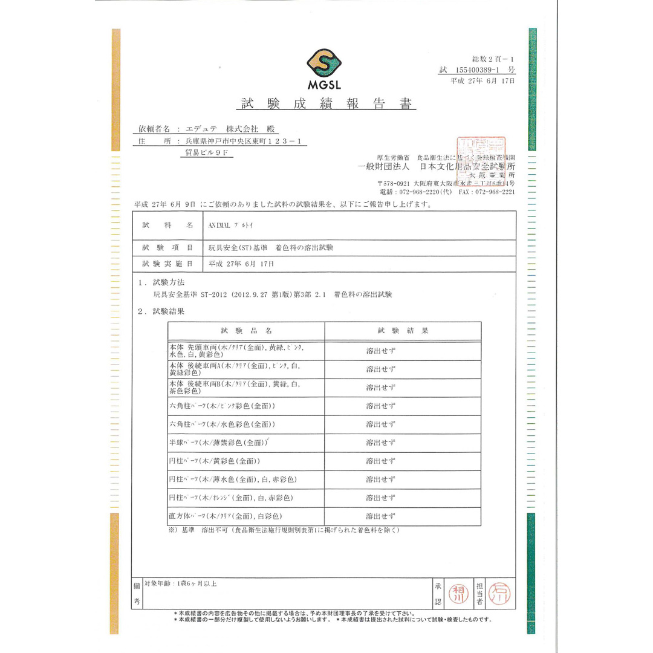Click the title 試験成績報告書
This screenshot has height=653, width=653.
[x=328, y=104]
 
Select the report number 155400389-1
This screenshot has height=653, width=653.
[x=482, y=70]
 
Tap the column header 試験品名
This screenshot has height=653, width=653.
[x=246, y=331]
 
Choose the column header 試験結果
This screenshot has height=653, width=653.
[x=403, y=331]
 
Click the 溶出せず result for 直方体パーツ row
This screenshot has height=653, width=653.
[x=381, y=516]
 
